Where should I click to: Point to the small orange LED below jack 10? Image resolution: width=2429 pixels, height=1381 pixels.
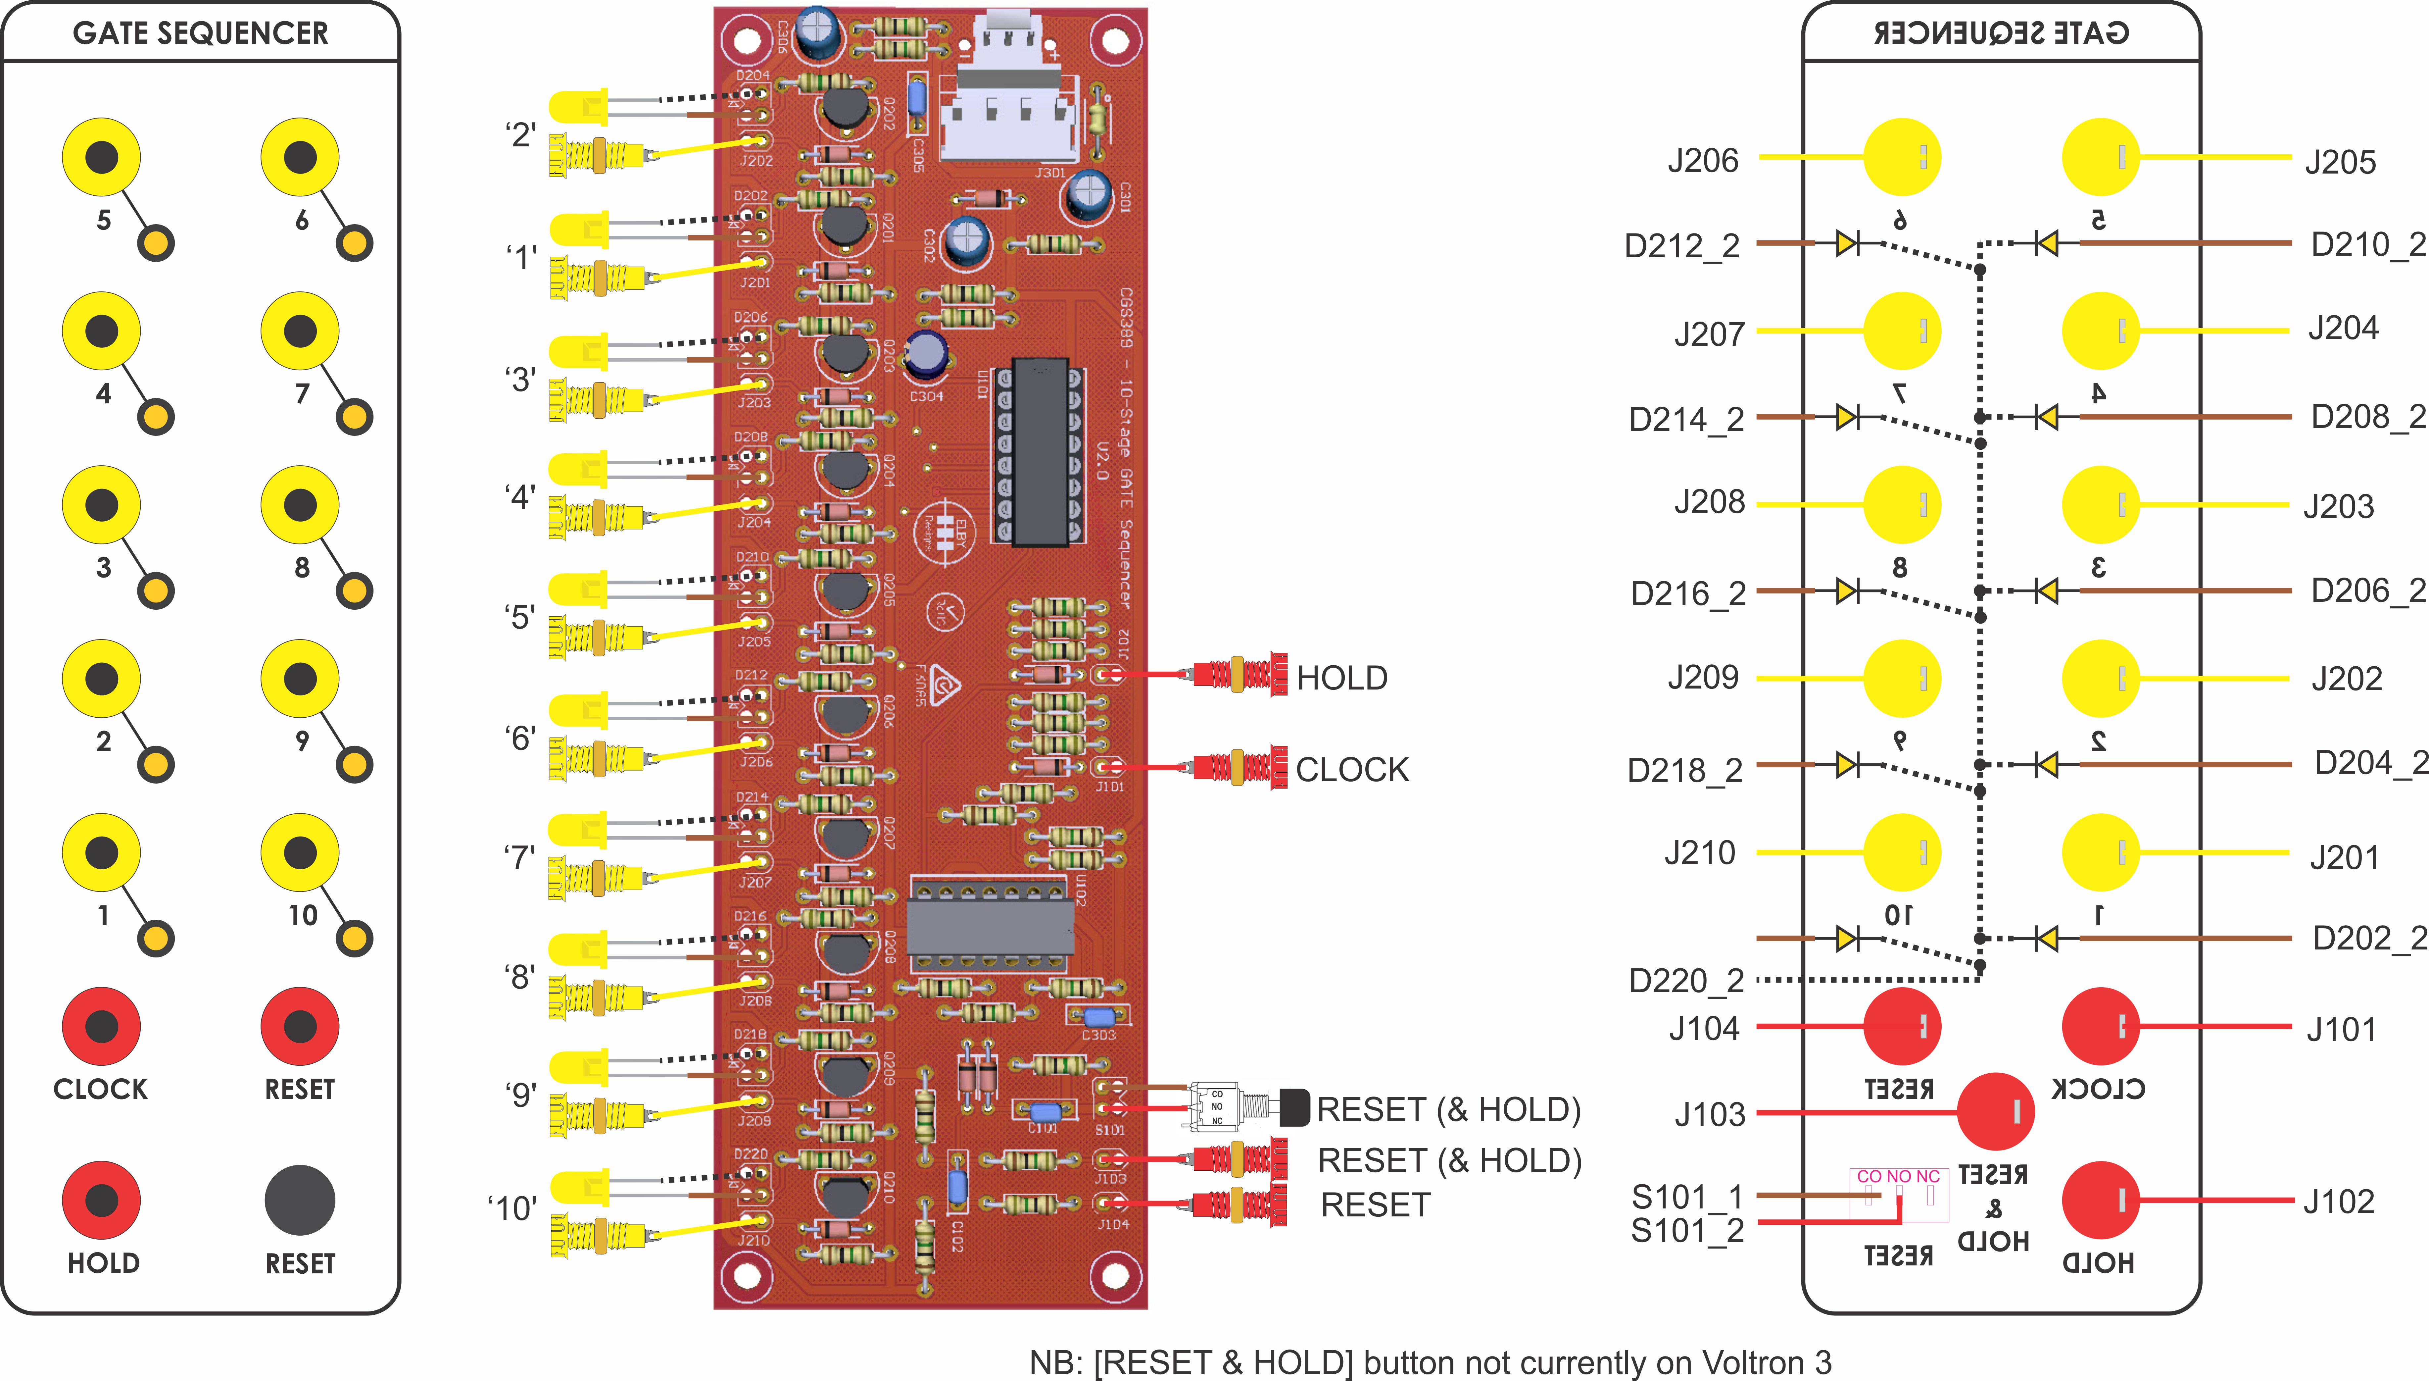click(x=354, y=939)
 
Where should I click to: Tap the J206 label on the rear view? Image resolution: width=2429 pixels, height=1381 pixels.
click(x=1703, y=161)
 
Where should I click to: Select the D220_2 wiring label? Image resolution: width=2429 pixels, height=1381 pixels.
click(x=1686, y=981)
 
